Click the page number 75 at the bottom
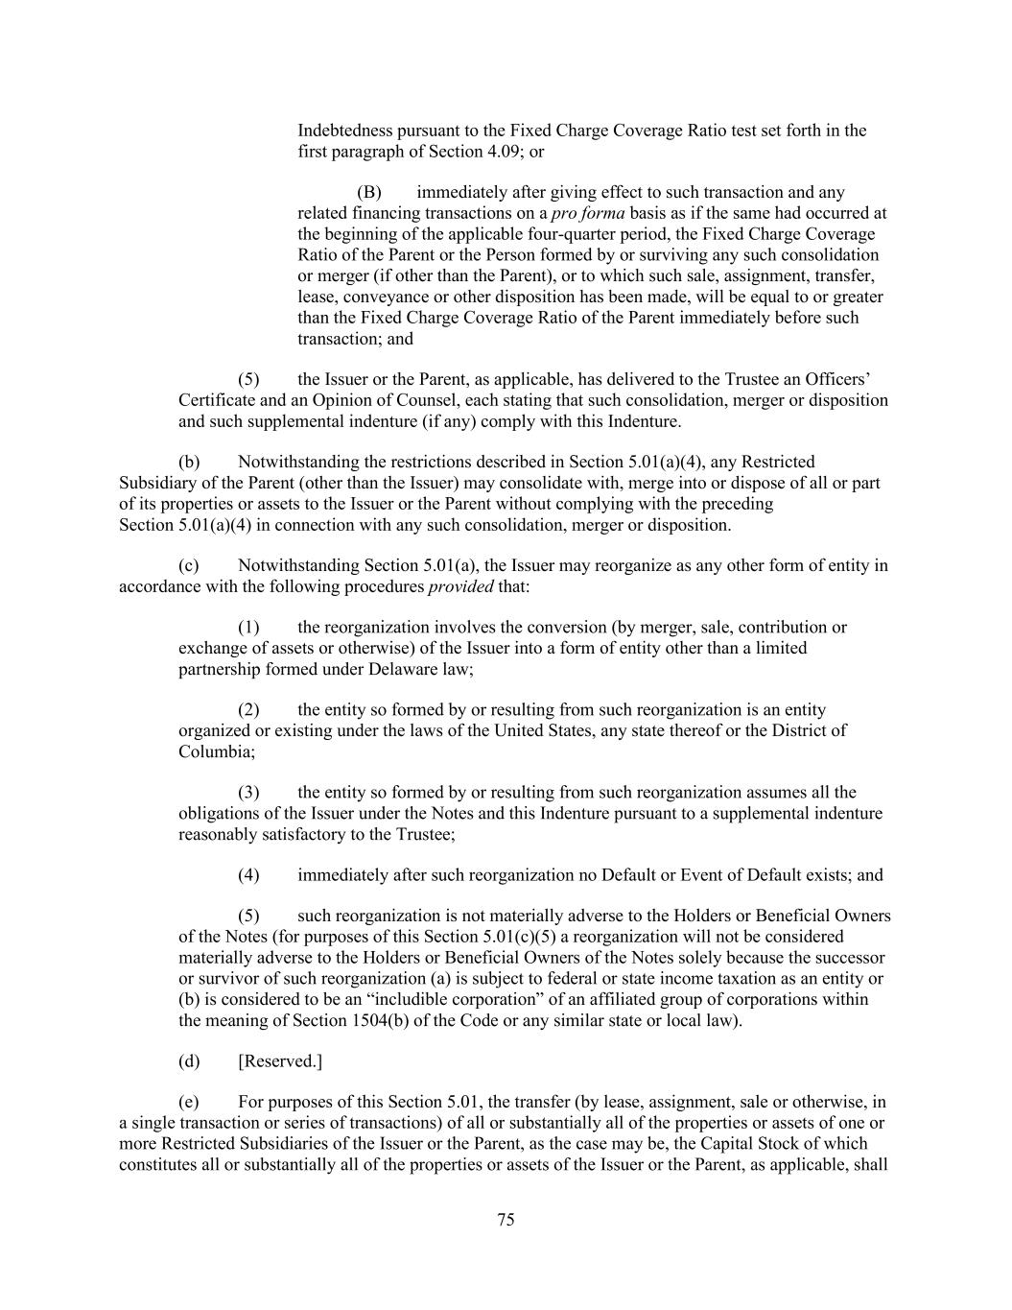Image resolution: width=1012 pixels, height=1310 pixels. pos(506,1220)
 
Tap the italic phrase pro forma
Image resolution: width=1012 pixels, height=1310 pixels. pos(589,213)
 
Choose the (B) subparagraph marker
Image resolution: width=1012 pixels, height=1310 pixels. pos(369,192)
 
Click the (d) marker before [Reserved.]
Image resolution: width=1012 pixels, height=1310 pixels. pos(189,1060)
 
